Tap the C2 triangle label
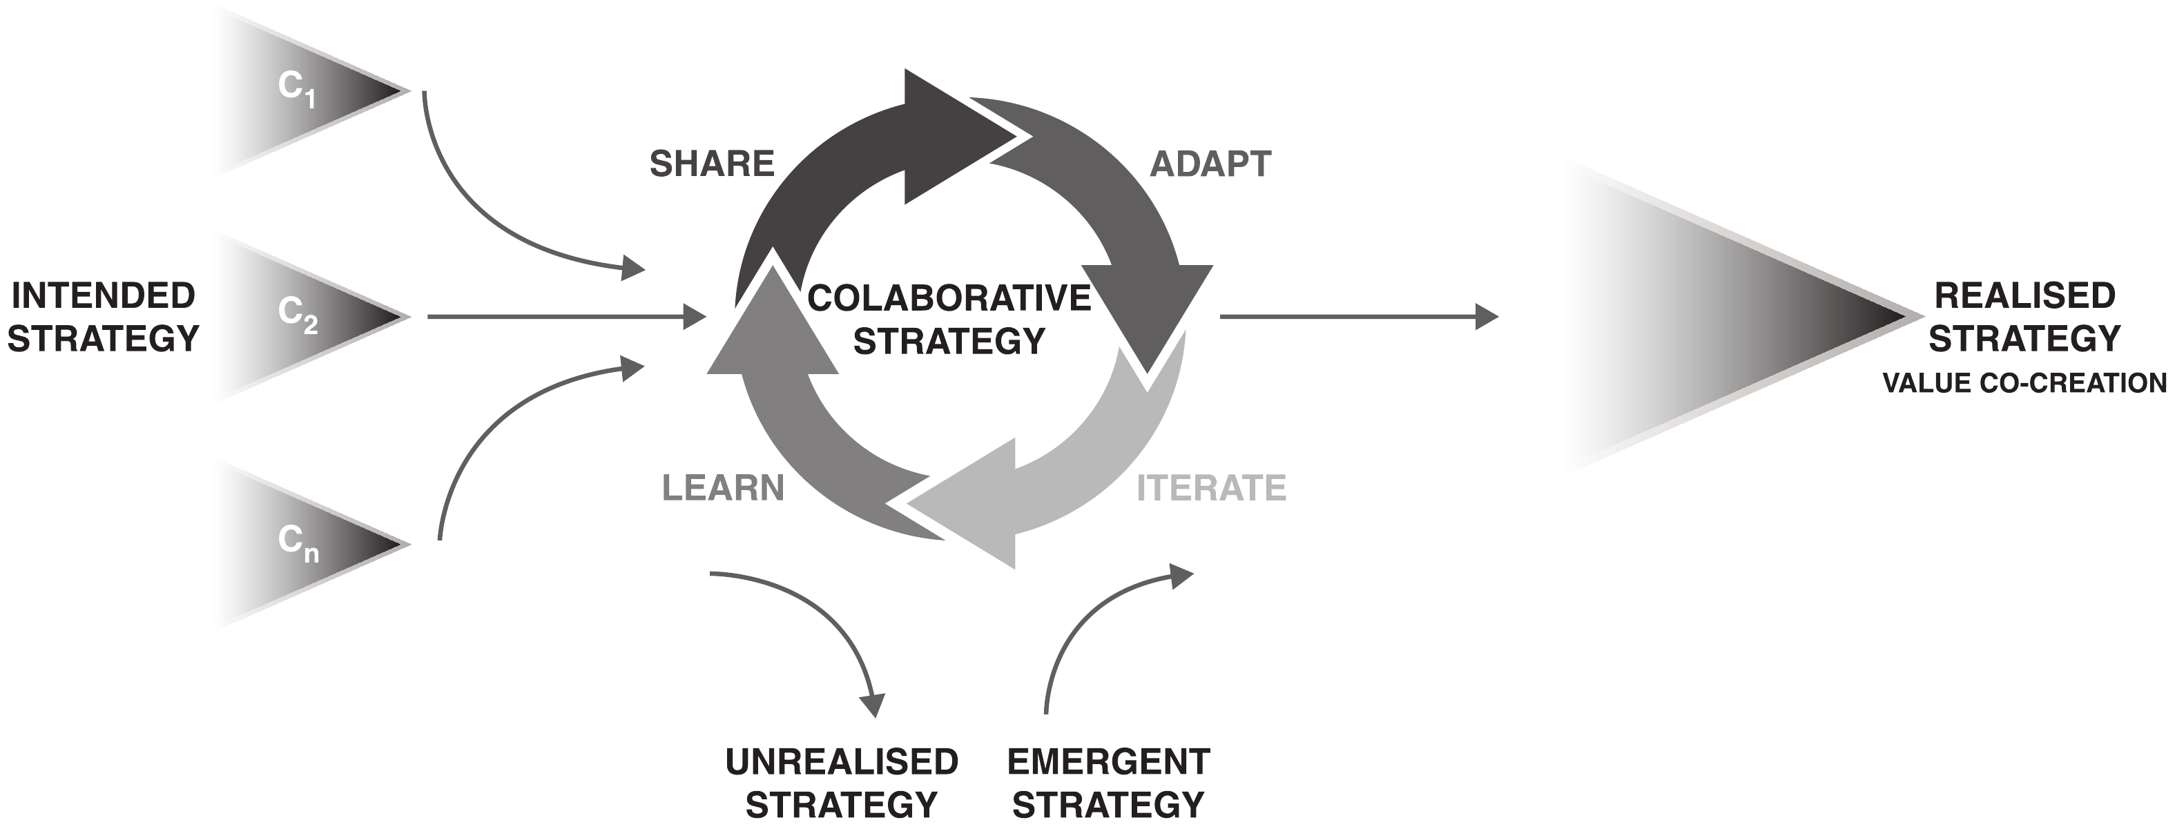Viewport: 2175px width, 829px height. (x=297, y=315)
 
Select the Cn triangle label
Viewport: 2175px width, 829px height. (x=297, y=542)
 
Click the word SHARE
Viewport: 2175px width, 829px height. (x=712, y=164)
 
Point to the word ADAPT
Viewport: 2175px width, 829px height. (x=1210, y=164)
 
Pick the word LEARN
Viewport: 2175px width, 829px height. (x=723, y=488)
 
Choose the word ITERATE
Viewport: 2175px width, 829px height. (x=1211, y=488)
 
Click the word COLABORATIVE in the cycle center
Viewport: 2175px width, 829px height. (x=949, y=298)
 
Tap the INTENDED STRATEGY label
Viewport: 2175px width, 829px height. (x=103, y=318)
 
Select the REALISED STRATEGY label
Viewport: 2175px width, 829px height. (x=2024, y=318)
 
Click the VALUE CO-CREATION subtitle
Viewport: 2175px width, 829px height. (x=2024, y=383)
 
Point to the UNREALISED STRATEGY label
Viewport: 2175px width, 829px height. (x=842, y=783)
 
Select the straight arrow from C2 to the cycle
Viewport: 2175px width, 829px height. (x=565, y=317)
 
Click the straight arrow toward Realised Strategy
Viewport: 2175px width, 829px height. (x=1360, y=317)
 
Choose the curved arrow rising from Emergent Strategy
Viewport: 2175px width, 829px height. (x=1089, y=616)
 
